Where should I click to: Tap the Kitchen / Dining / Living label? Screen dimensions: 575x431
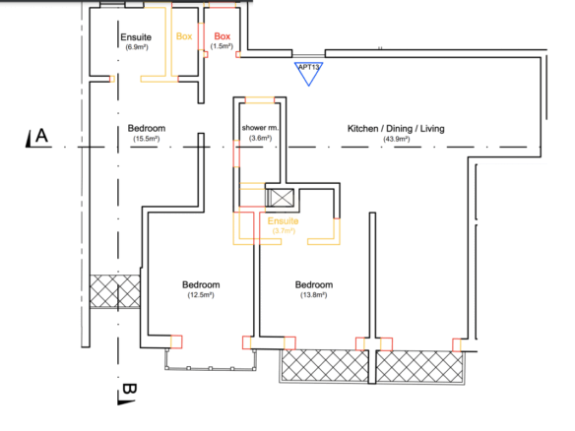click(396, 129)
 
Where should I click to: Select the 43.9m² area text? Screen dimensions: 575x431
click(397, 139)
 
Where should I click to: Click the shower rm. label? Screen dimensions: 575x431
click(260, 128)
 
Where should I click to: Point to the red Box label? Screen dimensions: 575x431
click(223, 36)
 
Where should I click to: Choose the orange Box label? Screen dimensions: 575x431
click(184, 36)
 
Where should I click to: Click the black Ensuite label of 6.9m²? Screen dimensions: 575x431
click(136, 37)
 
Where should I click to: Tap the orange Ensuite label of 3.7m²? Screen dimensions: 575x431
click(284, 221)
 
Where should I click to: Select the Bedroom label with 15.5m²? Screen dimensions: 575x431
click(147, 128)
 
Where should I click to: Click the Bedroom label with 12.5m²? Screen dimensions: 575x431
click(201, 284)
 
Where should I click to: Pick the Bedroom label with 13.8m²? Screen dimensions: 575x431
click(314, 284)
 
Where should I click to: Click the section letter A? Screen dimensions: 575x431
click(41, 136)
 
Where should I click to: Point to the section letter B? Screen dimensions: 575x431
click(129, 389)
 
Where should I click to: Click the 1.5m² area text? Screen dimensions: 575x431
click(222, 46)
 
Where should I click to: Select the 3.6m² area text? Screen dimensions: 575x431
click(260, 138)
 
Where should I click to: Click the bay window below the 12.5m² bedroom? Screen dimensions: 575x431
click(211, 359)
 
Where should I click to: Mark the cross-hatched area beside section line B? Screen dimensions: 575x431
click(115, 291)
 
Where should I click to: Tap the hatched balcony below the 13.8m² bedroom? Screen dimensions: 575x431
click(325, 366)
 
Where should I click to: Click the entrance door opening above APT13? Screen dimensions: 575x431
click(309, 55)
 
